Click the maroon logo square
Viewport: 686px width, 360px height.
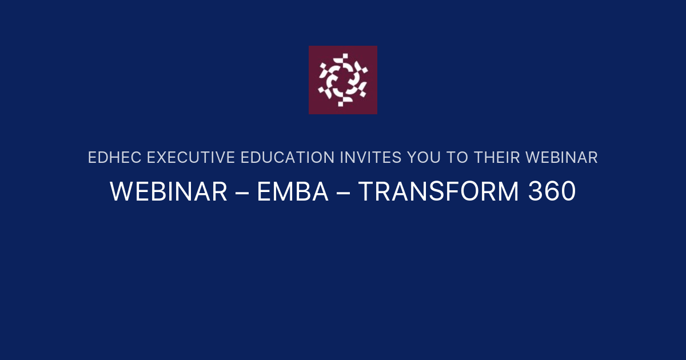[343, 80]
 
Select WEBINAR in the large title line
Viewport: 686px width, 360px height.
[169, 193]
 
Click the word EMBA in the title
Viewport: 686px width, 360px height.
[292, 193]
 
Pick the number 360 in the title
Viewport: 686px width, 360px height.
[552, 193]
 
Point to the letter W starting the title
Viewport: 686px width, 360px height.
[121, 193]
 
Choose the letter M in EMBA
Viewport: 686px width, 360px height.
[284, 193]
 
